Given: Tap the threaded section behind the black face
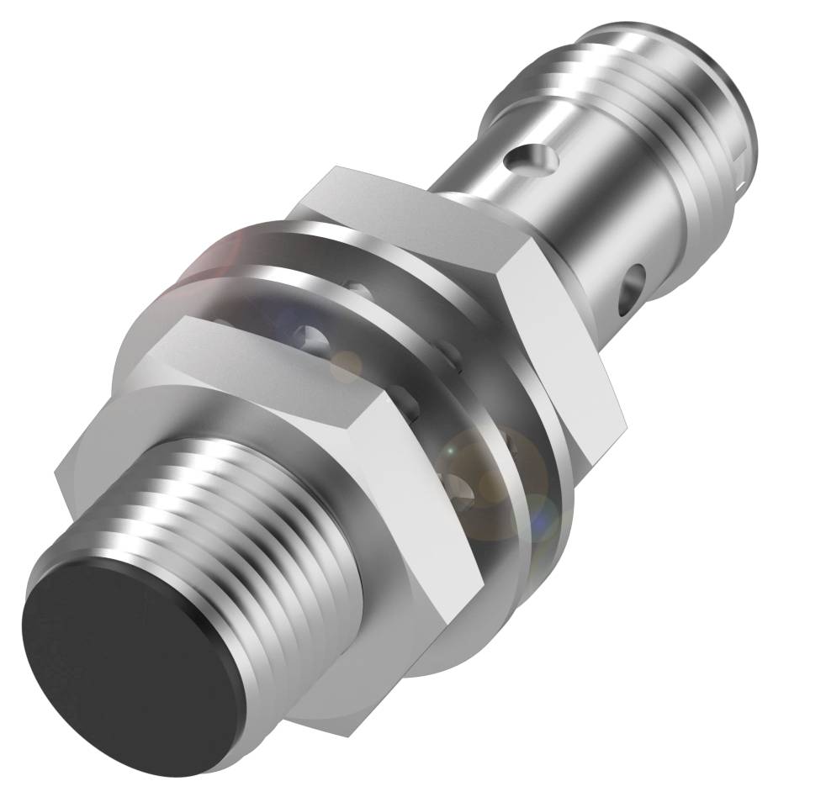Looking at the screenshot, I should (x=252, y=538).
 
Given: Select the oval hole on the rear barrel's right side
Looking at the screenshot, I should (x=633, y=286).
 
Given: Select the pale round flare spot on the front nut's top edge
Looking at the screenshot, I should (x=344, y=366).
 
